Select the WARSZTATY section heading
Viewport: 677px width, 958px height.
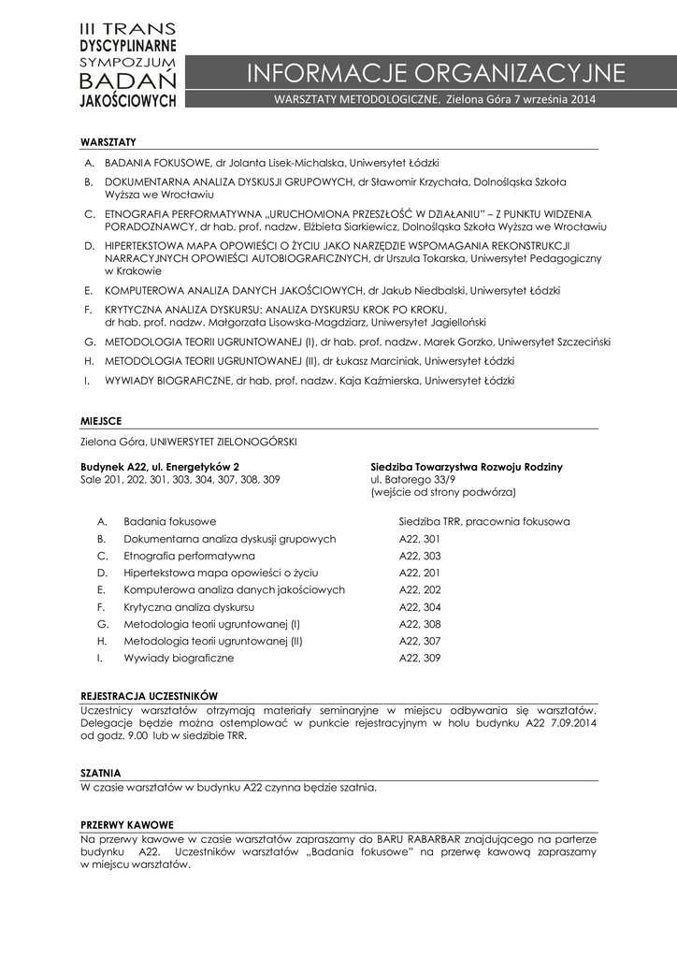(108, 141)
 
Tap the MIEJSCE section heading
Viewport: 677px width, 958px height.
(102, 422)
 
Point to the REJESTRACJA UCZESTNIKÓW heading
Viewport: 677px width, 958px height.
(150, 696)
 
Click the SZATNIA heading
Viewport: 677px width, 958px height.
(101, 773)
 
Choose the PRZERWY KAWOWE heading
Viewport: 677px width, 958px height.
(127, 825)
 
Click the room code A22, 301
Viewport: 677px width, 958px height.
(419, 539)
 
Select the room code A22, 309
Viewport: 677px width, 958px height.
(419, 659)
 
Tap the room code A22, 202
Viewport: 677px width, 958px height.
(419, 590)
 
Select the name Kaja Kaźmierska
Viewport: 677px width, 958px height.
(384, 381)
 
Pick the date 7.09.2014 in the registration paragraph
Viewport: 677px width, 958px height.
(573, 722)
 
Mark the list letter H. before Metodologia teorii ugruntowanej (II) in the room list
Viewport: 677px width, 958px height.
(102, 642)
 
